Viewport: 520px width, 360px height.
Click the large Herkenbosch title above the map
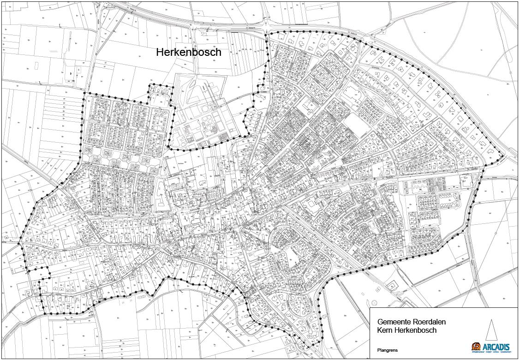coord(188,52)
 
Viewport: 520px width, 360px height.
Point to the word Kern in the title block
coord(385,330)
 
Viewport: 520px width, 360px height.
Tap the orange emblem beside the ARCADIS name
coord(476,346)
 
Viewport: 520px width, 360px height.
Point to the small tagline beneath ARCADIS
coord(491,352)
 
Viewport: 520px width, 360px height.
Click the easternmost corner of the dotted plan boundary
coord(502,157)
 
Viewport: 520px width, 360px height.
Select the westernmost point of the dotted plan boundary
coord(19,243)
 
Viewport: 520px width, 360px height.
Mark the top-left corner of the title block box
coord(370,308)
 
